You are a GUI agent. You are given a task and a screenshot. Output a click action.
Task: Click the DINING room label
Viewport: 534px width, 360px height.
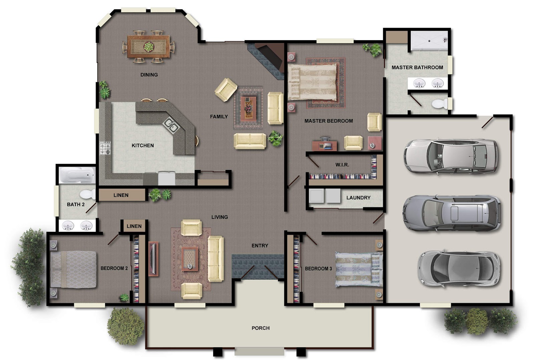[149, 75]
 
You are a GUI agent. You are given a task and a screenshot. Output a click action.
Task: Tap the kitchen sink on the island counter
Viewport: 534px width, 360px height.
[171, 125]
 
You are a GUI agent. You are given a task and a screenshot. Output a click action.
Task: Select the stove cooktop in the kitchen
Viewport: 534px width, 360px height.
[105, 148]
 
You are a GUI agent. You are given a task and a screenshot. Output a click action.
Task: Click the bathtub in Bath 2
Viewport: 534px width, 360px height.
[77, 175]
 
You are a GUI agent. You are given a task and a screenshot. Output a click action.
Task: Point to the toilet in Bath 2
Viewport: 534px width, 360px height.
[87, 194]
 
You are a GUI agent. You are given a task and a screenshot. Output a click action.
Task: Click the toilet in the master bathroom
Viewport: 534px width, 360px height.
[440, 104]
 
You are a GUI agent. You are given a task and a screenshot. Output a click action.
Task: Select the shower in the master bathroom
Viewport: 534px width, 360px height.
[429, 41]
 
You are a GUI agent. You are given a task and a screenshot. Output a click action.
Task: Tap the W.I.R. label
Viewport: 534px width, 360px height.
[342, 165]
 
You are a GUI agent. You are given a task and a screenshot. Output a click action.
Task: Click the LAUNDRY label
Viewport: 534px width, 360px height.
[358, 198]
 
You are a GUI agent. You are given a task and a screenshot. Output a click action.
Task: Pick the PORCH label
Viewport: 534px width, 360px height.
[260, 328]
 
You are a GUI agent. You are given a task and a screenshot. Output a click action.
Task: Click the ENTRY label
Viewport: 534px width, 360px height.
[260, 245]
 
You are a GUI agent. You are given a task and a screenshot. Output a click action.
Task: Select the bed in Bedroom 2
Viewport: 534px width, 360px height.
[73, 269]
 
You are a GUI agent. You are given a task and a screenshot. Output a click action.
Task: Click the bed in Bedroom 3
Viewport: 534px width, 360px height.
[359, 269]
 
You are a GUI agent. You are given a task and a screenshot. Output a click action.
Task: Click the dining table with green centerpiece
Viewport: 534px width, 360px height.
[149, 46]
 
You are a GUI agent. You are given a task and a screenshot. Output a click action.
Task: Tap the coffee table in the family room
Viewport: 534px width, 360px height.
[248, 108]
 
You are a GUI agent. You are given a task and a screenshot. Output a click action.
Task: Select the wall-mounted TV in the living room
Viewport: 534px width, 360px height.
[153, 259]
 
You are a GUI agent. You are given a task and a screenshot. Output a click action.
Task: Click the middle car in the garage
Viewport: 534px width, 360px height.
[452, 213]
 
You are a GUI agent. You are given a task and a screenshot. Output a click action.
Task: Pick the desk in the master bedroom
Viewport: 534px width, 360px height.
[324, 145]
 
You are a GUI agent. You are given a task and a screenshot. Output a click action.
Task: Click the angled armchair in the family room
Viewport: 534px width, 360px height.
[226, 89]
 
